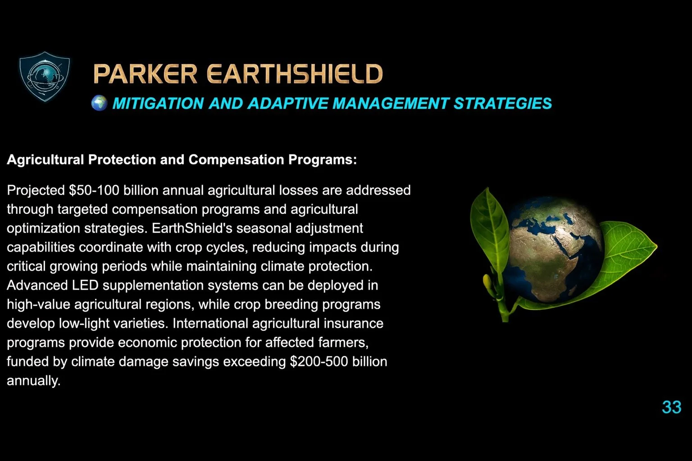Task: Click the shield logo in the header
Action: pos(45,76)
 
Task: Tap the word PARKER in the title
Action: pos(145,74)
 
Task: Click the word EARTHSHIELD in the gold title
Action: pos(295,74)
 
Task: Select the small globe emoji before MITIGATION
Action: pos(99,103)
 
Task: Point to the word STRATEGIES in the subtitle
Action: pos(502,104)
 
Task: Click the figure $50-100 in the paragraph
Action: pos(94,190)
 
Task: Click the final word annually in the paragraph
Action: pos(33,381)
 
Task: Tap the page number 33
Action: pos(671,407)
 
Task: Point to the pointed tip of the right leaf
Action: pos(656,246)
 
